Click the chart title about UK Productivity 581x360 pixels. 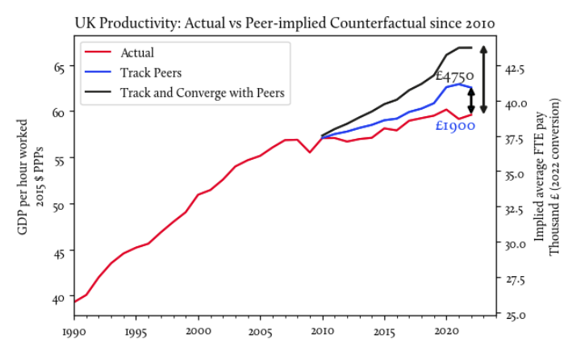pos(285,23)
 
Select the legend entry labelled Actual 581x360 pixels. pos(137,53)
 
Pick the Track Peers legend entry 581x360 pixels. pos(151,73)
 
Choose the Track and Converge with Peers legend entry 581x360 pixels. pos(202,92)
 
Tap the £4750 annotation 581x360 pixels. pos(454,76)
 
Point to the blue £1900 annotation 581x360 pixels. pos(455,126)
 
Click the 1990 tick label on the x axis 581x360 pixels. pos(74,331)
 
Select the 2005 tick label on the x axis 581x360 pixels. pos(260,331)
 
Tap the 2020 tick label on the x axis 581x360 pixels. pos(446,331)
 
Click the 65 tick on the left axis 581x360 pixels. pos(58,67)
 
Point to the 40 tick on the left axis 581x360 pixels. pos(58,299)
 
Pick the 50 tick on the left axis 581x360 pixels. pos(58,206)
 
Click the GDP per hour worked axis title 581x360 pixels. pos(30,178)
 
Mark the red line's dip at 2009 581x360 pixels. pos(310,152)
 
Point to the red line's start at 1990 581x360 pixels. pos(74,302)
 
